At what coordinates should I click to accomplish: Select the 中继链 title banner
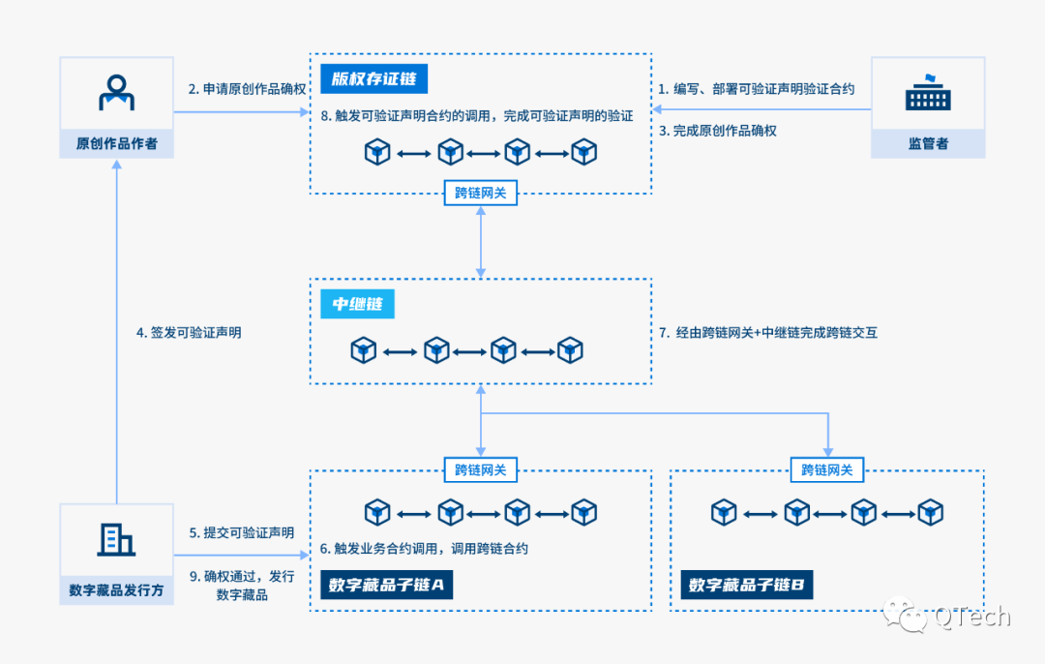click(358, 304)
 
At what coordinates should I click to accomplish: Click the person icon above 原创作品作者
click(116, 93)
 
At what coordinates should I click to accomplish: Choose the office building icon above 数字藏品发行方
click(116, 539)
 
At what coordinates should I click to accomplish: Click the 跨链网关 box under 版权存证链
click(481, 193)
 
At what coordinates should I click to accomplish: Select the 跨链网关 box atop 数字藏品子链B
click(827, 470)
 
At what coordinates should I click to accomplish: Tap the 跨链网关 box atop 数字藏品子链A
click(481, 470)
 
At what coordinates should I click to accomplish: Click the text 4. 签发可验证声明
click(189, 332)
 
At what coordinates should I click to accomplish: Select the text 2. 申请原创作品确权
click(247, 89)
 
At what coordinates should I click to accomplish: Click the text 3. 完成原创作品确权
click(717, 131)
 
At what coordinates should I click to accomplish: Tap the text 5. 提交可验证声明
click(241, 532)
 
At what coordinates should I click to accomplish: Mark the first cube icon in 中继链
click(363, 350)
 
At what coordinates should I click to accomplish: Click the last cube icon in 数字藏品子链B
click(930, 512)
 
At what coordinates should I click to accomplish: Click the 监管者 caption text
click(928, 143)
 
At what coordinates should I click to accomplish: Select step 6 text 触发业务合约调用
click(424, 548)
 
